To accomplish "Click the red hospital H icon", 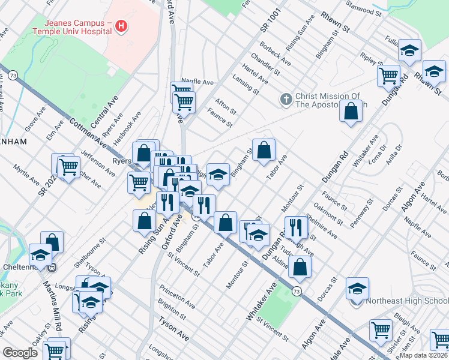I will coord(121,26).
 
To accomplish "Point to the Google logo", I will coord(20,353).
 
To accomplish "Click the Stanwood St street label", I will coord(367,10).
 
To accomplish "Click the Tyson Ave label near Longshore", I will coord(173,329).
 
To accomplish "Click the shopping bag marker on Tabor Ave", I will coord(264,150).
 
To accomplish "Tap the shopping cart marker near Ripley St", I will coord(388,76).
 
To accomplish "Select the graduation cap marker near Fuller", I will coord(410,52).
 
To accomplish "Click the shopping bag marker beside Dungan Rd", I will coord(351,111).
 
